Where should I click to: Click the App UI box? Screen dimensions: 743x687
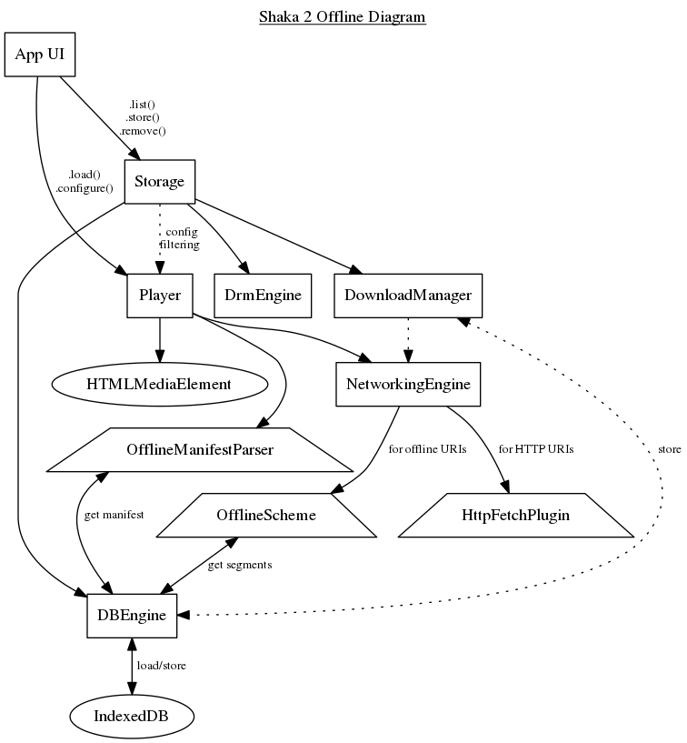(40, 56)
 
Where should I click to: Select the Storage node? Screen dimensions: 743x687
(160, 182)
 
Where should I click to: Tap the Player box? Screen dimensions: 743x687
(160, 295)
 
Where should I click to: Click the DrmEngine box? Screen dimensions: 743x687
(263, 295)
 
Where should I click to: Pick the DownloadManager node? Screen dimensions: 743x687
(408, 295)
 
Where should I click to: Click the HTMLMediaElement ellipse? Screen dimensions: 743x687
(160, 384)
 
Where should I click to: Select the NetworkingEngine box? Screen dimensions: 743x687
(408, 384)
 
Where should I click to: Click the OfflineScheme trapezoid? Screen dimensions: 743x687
(266, 516)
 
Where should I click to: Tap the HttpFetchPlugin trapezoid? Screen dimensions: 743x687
(515, 516)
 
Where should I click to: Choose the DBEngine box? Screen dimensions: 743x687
(133, 615)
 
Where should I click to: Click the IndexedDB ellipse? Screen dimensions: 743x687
(133, 716)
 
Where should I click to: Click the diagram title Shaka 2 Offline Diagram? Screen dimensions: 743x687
(343, 16)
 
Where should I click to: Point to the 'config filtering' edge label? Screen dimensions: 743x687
(180, 238)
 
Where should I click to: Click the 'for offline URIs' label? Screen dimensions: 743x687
(427, 449)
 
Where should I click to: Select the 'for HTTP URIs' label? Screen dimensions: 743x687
(536, 449)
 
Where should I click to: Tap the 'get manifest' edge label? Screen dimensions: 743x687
(114, 515)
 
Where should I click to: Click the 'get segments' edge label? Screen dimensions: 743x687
(240, 565)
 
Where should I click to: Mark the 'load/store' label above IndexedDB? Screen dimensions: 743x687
(161, 666)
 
